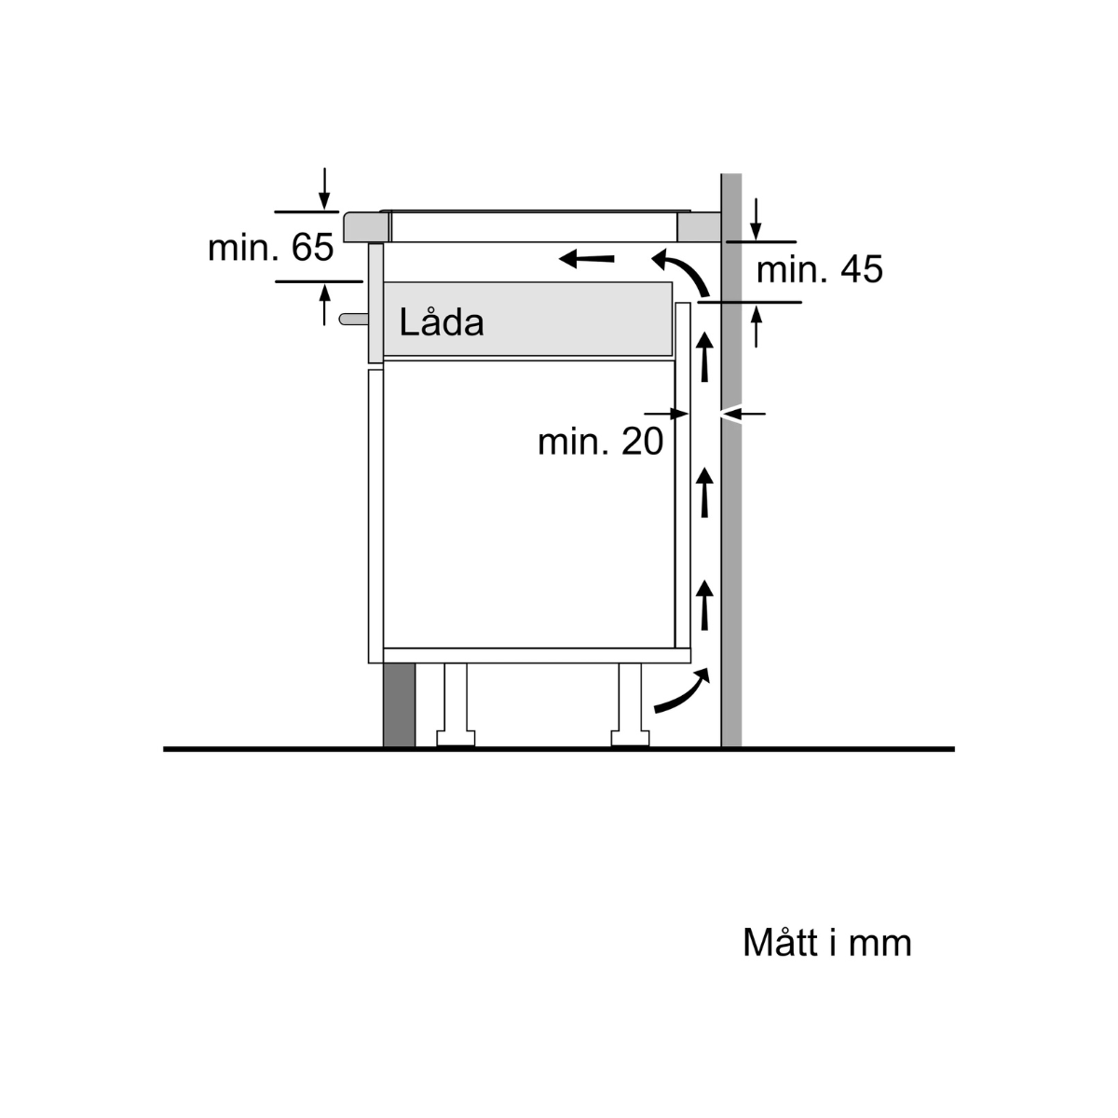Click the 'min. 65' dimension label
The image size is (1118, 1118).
click(x=270, y=248)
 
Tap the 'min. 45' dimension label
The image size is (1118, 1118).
click(x=819, y=270)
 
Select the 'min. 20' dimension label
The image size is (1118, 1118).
click(x=600, y=441)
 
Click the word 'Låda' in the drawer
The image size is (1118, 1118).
click(x=442, y=322)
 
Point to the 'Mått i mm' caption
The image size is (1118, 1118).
click(x=826, y=943)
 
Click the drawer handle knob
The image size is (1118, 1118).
click(x=353, y=319)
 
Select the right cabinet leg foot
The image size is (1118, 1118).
click(x=630, y=739)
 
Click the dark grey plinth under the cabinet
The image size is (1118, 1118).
click(x=399, y=704)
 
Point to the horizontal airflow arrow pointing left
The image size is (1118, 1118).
click(x=587, y=258)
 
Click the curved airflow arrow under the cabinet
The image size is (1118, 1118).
click(x=682, y=693)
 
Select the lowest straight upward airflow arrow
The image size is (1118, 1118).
click(x=705, y=604)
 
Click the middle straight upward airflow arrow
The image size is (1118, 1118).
click(x=705, y=492)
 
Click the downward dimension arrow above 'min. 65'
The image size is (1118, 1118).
click(x=324, y=189)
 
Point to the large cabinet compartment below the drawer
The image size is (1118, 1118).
click(x=528, y=503)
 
